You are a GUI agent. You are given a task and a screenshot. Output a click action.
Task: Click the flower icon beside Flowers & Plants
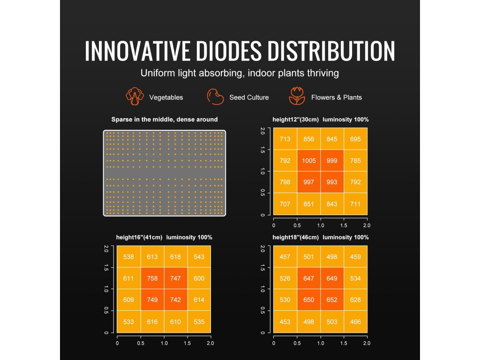297,97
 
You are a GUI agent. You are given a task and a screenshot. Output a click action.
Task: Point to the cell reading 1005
308,161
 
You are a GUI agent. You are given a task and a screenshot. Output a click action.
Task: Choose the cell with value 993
332,182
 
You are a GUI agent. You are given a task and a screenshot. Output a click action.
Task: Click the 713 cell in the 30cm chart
285,139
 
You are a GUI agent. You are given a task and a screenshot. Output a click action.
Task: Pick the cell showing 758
152,278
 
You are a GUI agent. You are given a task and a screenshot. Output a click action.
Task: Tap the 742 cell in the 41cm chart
176,300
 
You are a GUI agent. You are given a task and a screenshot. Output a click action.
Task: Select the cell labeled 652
332,300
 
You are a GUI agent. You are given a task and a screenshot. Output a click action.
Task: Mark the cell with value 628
355,300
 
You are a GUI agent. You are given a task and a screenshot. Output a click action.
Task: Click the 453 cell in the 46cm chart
285,322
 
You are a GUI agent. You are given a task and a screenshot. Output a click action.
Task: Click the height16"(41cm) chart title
164,237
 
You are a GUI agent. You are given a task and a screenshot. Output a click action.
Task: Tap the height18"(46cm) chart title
320,237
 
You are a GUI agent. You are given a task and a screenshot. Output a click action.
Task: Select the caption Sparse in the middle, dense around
165,120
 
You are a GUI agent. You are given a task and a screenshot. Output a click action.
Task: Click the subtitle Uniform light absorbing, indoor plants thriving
240,74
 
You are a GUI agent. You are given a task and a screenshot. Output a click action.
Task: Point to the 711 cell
355,204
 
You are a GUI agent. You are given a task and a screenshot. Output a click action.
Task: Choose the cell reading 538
129,257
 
